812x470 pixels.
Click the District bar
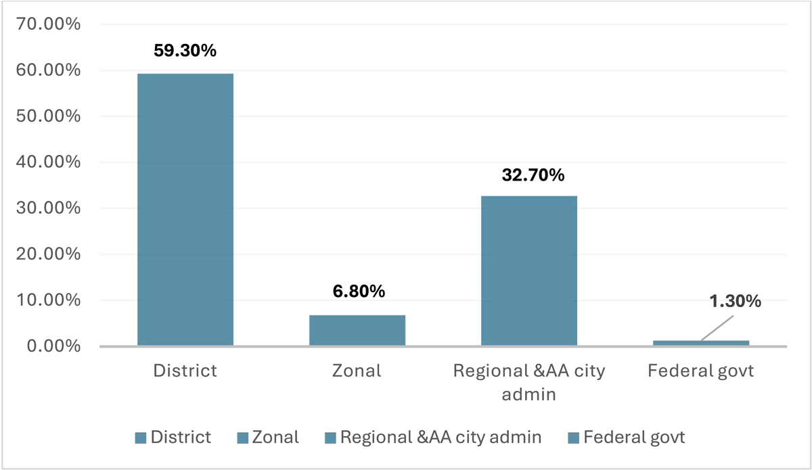pyautogui.click(x=185, y=210)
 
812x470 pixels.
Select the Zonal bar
pyautogui.click(x=357, y=330)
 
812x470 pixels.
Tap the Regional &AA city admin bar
pyautogui.click(x=529, y=271)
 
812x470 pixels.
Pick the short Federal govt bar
pyautogui.click(x=701, y=343)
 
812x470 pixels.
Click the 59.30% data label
pyautogui.click(x=185, y=50)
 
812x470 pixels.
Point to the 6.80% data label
pyautogui.click(x=359, y=291)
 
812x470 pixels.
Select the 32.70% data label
pyautogui.click(x=533, y=174)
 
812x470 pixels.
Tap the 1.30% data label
pyautogui.click(x=735, y=301)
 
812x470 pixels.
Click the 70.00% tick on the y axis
pyautogui.click(x=48, y=24)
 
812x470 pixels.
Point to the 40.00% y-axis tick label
pyautogui.click(x=48, y=162)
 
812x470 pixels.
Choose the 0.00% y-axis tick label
pyautogui.click(x=53, y=346)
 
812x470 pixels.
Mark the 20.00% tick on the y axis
pyautogui.click(x=48, y=254)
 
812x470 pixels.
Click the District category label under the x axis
pyautogui.click(x=185, y=371)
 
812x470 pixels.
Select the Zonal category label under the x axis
pyautogui.click(x=357, y=371)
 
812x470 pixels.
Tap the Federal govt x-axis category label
pyautogui.click(x=701, y=371)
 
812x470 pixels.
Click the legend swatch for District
pyautogui.click(x=141, y=438)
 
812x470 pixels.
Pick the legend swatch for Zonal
pyautogui.click(x=242, y=438)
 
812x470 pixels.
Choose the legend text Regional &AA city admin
pyautogui.click(x=441, y=437)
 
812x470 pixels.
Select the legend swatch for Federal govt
pyautogui.click(x=574, y=438)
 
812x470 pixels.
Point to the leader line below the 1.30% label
pyautogui.click(x=717, y=328)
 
